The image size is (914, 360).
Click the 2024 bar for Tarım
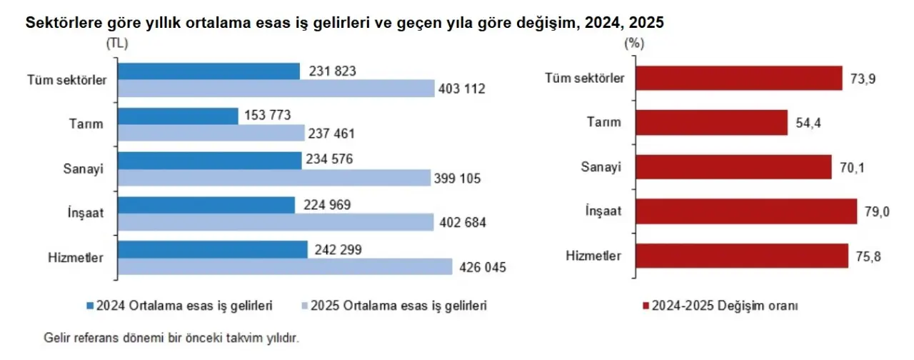coord(178,116)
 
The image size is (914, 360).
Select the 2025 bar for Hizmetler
coord(285,267)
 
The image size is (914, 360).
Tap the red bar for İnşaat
coord(745,211)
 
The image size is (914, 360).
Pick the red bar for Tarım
coord(711,122)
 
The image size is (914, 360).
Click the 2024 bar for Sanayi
coord(209,160)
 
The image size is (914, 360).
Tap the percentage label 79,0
coord(875,211)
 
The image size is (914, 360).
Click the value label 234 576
coord(332,159)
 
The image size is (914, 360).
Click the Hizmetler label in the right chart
coord(594,255)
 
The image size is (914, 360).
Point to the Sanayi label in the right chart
coord(602,167)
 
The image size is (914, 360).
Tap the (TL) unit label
coord(117,44)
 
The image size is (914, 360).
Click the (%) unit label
coord(634,44)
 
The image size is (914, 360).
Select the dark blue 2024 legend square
coord(90,306)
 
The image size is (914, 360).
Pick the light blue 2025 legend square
coord(303,306)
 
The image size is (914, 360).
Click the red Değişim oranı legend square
coord(646,306)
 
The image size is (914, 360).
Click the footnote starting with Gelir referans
coord(171,336)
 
